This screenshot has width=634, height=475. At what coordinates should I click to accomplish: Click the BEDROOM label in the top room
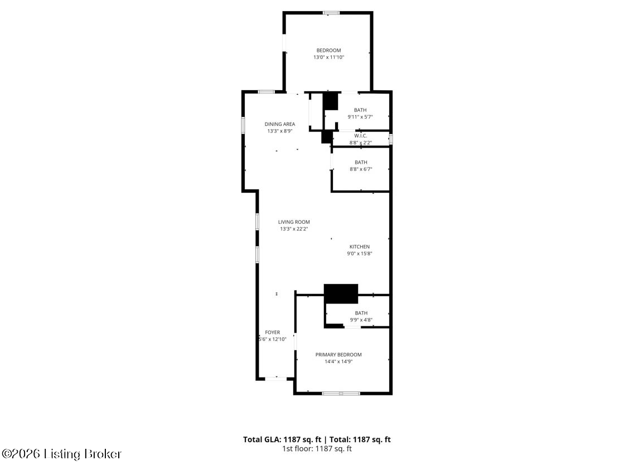(328, 51)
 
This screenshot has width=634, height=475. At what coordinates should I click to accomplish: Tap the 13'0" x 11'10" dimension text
(328, 57)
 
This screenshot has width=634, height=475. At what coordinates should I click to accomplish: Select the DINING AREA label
(280, 124)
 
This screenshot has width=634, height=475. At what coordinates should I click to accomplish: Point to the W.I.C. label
(361, 136)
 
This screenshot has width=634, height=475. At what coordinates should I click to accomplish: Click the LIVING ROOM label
(294, 222)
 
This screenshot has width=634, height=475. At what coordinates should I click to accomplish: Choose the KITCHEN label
(360, 247)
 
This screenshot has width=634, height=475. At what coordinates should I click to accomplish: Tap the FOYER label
(273, 332)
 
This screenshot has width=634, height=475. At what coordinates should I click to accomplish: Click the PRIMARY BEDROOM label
(338, 355)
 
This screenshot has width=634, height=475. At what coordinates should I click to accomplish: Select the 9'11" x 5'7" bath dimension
(360, 117)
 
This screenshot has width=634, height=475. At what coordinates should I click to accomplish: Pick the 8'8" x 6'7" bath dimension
(361, 170)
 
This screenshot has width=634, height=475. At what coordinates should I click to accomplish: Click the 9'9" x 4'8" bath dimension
(361, 320)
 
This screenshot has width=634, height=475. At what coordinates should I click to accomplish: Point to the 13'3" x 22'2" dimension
(294, 229)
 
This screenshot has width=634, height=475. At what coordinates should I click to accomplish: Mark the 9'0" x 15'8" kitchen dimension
(360, 254)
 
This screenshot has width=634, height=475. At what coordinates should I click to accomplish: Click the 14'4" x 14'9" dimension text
(338, 362)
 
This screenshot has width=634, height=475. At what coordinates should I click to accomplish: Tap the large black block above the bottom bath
(341, 293)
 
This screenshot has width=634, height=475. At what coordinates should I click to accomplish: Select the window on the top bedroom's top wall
(331, 13)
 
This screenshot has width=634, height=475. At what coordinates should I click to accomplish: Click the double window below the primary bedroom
(341, 393)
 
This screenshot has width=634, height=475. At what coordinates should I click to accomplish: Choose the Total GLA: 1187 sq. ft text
(282, 439)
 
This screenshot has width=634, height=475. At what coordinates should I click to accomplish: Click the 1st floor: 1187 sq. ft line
(317, 448)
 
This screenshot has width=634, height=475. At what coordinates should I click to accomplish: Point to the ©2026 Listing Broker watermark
(61, 454)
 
